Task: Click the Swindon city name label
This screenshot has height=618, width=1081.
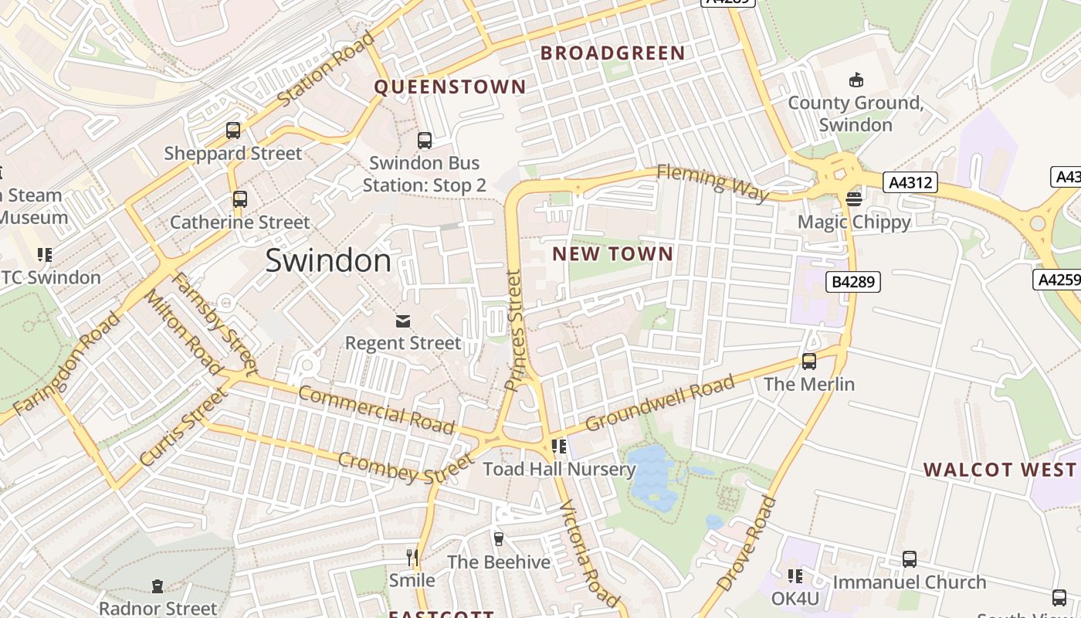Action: (x=328, y=261)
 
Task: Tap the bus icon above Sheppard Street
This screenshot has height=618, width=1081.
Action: (x=233, y=131)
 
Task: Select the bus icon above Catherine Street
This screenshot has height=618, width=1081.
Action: (x=240, y=199)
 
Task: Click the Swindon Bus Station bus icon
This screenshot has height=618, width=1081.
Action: (x=424, y=141)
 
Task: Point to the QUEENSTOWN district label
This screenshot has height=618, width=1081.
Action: (x=450, y=87)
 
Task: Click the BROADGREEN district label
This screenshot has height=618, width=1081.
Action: (x=612, y=53)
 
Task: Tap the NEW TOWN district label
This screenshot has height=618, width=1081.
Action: (x=613, y=254)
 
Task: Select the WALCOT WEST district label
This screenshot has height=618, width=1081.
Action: (x=999, y=470)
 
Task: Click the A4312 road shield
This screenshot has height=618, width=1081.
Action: (x=912, y=183)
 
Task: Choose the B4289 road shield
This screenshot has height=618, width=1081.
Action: (x=853, y=282)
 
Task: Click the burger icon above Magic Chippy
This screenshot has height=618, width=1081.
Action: (x=854, y=199)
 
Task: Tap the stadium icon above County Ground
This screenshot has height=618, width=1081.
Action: (x=856, y=80)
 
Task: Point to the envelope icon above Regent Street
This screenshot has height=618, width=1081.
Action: (x=402, y=321)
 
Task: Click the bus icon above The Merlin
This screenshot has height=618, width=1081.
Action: (x=809, y=361)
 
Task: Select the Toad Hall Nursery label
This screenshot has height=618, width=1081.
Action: (x=559, y=469)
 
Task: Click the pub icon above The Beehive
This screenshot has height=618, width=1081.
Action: (x=498, y=538)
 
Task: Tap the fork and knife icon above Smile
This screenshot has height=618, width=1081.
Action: (x=412, y=556)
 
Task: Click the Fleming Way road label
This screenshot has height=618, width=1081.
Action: (x=713, y=183)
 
